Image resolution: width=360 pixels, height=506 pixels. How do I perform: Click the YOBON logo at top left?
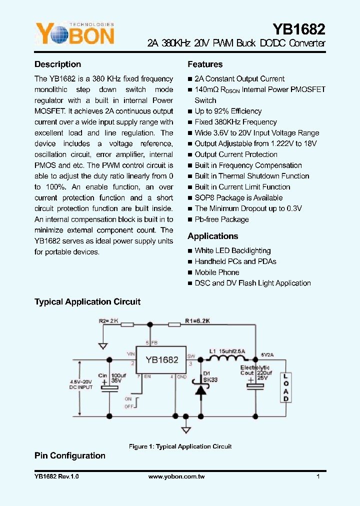coord(74,34)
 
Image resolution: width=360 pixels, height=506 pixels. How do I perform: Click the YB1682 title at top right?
coord(298,28)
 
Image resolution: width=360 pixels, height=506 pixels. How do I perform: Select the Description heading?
coord(57,64)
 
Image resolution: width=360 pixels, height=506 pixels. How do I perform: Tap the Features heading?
coord(205,64)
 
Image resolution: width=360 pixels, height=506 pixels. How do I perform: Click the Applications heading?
coord(212,236)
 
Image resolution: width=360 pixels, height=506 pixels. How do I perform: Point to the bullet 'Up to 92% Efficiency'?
coord(228,111)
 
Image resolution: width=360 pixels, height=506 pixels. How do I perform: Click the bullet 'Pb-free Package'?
coord(221,219)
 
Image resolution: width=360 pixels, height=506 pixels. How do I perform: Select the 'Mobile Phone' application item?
coord(217,272)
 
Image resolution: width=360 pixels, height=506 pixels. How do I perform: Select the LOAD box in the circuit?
coord(285,387)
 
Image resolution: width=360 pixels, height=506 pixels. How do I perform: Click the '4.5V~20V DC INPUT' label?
coord(81,384)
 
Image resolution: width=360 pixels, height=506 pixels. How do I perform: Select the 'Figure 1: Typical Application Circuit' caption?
coord(180,446)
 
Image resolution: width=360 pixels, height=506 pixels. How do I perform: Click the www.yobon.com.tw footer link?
coord(176,477)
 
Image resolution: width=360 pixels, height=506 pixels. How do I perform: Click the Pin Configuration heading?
coord(69,456)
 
